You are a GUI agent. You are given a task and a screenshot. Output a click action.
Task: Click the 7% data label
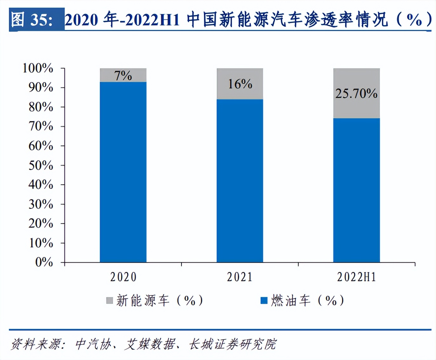point(123,76)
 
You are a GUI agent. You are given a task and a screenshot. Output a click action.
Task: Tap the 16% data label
point(240,84)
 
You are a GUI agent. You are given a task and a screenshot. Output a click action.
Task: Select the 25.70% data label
point(356,93)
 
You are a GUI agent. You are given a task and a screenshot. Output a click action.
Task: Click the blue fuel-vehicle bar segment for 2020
point(123,172)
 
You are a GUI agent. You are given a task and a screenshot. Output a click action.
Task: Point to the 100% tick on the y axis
point(38,68)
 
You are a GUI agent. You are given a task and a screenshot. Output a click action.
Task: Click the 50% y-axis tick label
point(41,165)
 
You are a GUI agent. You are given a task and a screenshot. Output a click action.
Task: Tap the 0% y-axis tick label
point(44,262)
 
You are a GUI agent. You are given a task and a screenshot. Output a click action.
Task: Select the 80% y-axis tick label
point(41,107)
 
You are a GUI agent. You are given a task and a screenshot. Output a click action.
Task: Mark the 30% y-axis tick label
point(41,204)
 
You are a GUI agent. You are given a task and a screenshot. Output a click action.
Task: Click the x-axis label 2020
point(123,277)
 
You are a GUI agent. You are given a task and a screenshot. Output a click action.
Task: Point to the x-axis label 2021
point(240,277)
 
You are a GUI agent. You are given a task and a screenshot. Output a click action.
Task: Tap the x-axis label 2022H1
point(357,277)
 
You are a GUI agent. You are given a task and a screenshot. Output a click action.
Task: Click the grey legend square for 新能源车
point(109,301)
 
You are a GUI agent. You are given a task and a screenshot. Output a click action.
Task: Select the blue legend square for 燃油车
point(264,301)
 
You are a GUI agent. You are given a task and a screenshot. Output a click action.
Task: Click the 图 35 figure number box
point(37,20)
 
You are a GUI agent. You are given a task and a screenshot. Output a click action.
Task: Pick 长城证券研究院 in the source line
point(232,344)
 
